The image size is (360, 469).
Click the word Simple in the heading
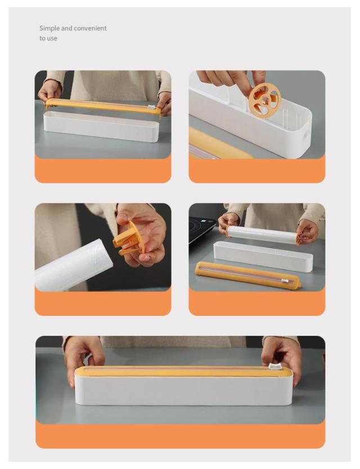coord(49,28)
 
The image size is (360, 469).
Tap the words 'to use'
coord(48,38)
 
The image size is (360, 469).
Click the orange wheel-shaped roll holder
coord(264,100)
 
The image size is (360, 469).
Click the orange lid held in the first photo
coord(103,107)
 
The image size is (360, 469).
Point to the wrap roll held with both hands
coord(263,234)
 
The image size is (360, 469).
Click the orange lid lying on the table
coord(247,275)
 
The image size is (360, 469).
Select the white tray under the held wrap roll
coord(263,257)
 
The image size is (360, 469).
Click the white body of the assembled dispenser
coord(183,389)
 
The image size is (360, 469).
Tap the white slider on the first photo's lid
coord(152,106)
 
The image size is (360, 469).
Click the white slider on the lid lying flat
coord(286,281)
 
